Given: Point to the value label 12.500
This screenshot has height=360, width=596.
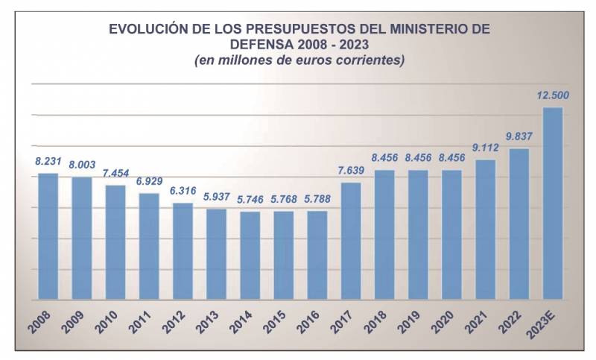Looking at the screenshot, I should pyautogui.click(x=552, y=95).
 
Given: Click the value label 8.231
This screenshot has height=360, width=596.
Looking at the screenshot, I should pyautogui.click(x=48, y=160).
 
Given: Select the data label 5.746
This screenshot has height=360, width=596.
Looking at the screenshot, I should pyautogui.click(x=250, y=199).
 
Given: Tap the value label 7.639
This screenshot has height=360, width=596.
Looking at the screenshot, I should pyautogui.click(x=351, y=170).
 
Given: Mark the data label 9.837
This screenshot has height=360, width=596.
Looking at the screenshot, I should pyautogui.click(x=519, y=136).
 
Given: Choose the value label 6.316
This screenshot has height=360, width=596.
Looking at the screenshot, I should pyautogui.click(x=183, y=190).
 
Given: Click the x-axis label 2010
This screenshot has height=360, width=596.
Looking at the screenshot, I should pyautogui.click(x=108, y=320).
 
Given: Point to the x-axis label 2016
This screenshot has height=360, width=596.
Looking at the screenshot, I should pyautogui.click(x=310, y=320).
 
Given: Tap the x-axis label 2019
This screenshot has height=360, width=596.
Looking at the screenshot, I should pyautogui.click(x=410, y=320).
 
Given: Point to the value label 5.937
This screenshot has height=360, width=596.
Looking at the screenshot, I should pyautogui.click(x=216, y=196).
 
